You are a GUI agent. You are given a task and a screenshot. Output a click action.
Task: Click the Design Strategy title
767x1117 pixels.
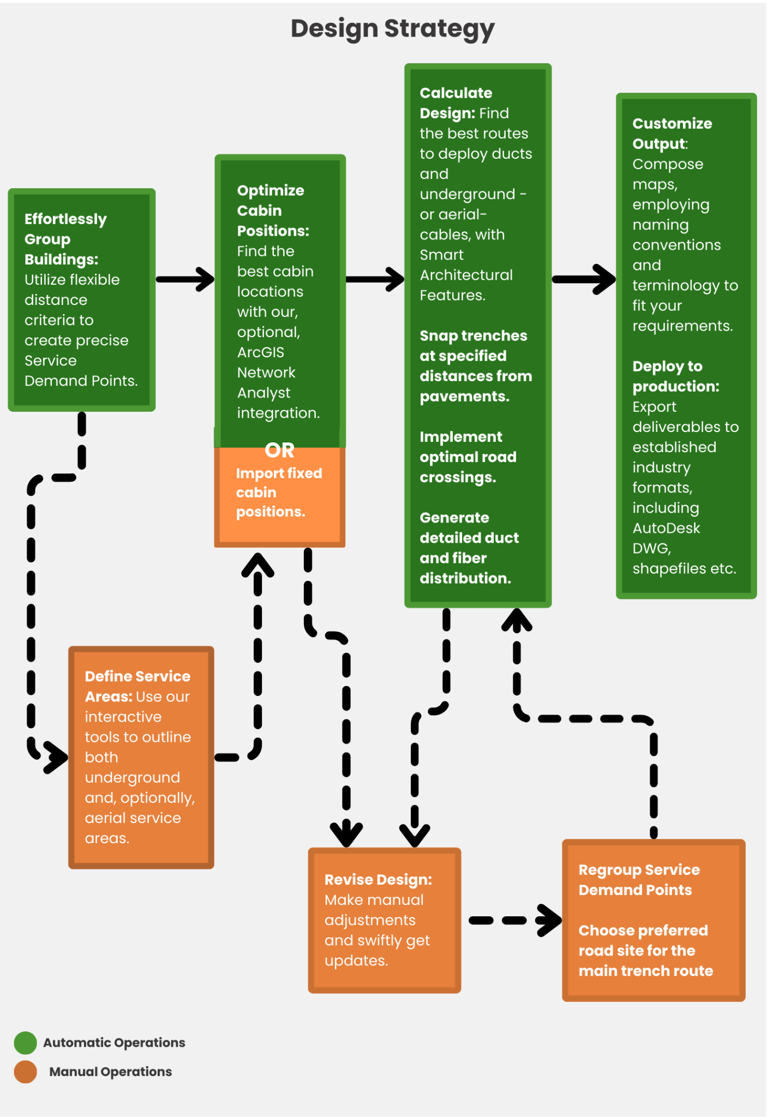point(392,28)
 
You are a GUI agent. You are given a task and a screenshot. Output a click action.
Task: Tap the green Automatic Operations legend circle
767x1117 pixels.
point(25,1042)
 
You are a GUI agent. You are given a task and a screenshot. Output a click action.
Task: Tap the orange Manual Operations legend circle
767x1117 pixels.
point(25,1071)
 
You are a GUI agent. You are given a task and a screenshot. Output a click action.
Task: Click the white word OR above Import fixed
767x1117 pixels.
point(279,450)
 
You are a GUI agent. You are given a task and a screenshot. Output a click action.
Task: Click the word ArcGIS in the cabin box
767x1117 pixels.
point(260,352)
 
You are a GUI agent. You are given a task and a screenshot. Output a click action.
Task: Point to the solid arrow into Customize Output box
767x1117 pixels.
point(584,279)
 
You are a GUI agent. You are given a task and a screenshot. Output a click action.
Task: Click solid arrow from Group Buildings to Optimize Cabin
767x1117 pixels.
point(185,279)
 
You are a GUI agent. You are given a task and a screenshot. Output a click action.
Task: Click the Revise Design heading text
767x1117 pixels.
point(377,879)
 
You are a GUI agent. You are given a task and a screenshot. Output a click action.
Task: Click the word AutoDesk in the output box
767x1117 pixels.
point(666,528)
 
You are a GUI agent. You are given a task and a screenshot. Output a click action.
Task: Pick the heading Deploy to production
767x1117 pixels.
point(675,376)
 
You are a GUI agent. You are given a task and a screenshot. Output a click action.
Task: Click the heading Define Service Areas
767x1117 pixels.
point(137,686)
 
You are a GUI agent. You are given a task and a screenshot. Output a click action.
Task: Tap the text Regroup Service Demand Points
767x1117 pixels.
point(638,879)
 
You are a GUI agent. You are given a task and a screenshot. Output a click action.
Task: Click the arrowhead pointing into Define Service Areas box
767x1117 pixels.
point(57,757)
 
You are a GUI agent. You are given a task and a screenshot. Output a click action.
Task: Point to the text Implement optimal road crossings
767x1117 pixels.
point(468,457)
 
